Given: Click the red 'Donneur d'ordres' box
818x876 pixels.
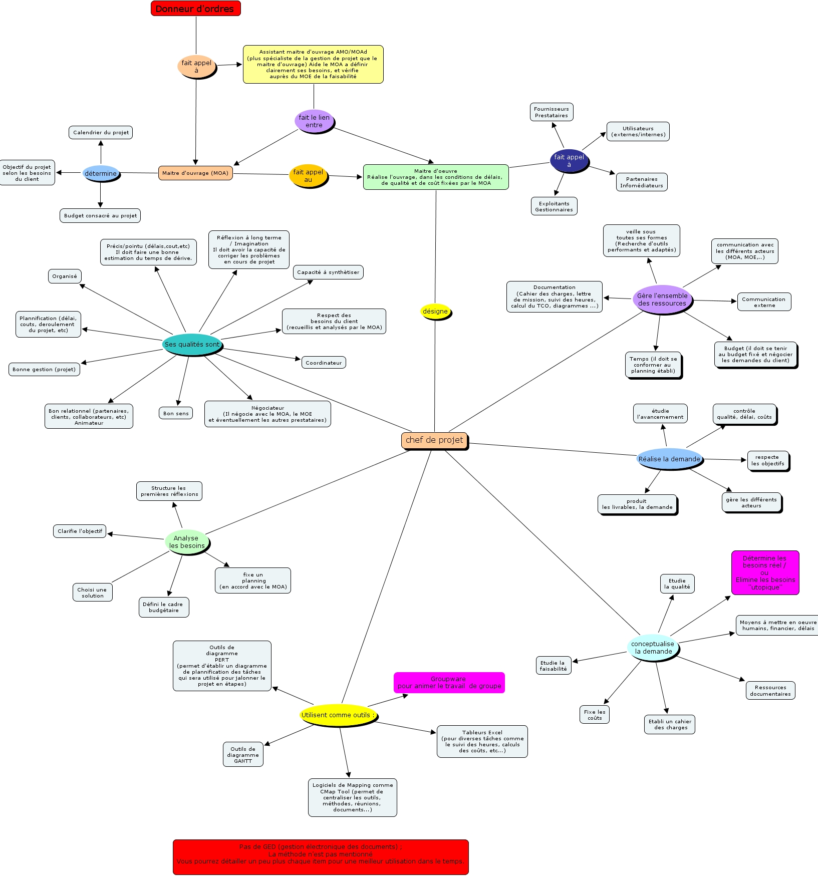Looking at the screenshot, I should [195, 9].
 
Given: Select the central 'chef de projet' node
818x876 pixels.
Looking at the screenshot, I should [434, 440].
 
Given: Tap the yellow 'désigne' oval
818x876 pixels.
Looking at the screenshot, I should [435, 312].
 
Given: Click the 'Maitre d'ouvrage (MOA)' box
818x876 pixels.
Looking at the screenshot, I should [195, 173].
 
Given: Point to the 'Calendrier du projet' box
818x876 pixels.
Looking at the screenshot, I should [101, 133].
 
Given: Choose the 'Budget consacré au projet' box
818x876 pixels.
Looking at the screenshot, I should [100, 215].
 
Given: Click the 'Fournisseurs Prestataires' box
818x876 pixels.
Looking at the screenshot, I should [551, 112].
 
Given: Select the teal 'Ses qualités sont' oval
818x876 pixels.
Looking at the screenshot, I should [192, 345].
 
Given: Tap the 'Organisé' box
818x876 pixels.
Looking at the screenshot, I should [65, 276].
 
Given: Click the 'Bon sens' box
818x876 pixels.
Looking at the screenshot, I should [176, 414].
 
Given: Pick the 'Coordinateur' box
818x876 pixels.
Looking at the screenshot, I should [324, 363].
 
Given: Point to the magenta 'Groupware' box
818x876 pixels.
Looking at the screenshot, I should [449, 683].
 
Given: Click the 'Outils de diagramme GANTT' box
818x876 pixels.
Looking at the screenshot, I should [243, 755].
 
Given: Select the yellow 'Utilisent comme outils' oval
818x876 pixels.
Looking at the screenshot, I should [337, 715].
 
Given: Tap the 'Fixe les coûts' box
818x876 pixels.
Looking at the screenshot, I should [595, 715].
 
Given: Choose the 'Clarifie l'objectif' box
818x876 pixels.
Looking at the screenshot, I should [80, 531].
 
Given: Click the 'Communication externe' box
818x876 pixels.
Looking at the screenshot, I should [764, 302].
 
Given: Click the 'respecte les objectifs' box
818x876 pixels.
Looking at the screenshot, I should [767, 461].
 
